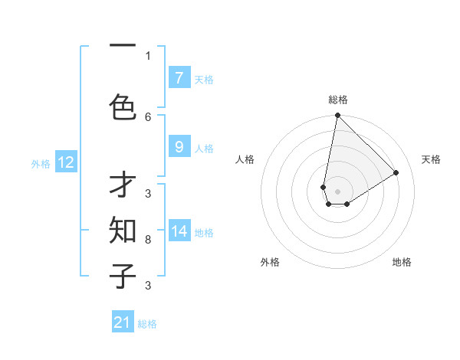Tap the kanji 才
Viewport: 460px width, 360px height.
[123, 188]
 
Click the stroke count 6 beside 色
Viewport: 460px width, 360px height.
[148, 116]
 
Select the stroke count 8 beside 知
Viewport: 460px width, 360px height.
[148, 240]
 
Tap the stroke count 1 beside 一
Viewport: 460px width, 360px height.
[148, 55]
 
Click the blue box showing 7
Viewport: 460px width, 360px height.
[179, 77]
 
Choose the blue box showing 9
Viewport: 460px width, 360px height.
[179, 147]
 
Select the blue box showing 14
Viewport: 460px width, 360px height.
[179, 231]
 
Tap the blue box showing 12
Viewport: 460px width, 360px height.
[65, 162]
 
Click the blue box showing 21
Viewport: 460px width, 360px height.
[123, 322]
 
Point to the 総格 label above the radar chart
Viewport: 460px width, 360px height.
[338, 100]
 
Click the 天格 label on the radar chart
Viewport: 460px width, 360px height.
[431, 159]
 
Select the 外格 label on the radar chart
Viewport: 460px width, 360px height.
[270, 262]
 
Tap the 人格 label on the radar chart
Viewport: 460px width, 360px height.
[245, 159]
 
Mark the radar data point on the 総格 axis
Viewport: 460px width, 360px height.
[337, 116]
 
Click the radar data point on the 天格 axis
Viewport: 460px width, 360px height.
[396, 172]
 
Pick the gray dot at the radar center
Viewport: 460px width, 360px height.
[337, 191]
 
